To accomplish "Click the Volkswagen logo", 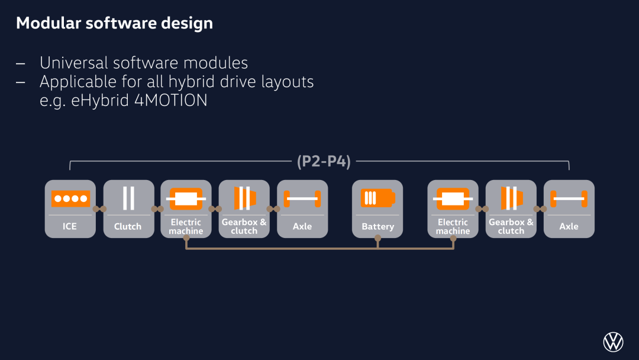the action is pyautogui.click(x=613, y=342).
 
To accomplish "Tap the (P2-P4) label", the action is pyautogui.click(x=324, y=162).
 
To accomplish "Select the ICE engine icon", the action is pyautogui.click(x=70, y=198).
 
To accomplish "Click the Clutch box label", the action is pyautogui.click(x=128, y=226).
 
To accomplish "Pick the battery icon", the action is pyautogui.click(x=377, y=198).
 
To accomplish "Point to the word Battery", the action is pyautogui.click(x=377, y=226).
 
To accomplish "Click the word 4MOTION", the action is pyautogui.click(x=171, y=100).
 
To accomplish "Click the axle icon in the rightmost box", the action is pyautogui.click(x=569, y=198).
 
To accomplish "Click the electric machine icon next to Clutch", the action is pyautogui.click(x=186, y=198).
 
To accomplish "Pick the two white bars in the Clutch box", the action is pyautogui.click(x=128, y=198).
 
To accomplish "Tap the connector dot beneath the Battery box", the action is pyautogui.click(x=377, y=237).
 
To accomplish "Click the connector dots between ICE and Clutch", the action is pyautogui.click(x=99, y=209).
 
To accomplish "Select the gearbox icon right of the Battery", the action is pyautogui.click(x=511, y=198).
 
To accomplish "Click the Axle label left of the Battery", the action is pyautogui.click(x=302, y=226).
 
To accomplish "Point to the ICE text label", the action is pyautogui.click(x=70, y=226).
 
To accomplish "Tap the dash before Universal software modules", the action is pyautogui.click(x=20, y=63).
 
